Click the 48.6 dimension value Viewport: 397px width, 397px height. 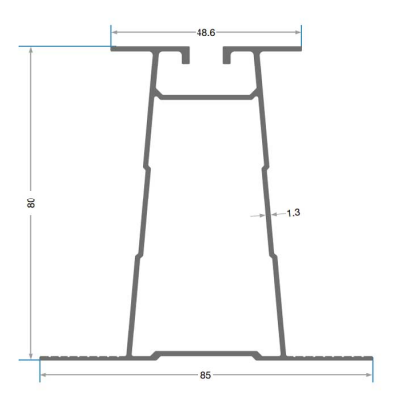[205, 33]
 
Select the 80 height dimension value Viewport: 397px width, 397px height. [31, 202]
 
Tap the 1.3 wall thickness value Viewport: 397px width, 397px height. [293, 213]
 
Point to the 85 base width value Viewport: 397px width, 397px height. [205, 375]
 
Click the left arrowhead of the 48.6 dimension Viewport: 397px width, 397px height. [115, 32]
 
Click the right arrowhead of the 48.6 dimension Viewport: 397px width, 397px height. [297, 32]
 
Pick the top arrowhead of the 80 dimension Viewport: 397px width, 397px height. [31, 50]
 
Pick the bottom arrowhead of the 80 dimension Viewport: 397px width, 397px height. [31, 355]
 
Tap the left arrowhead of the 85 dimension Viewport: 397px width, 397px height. [44, 375]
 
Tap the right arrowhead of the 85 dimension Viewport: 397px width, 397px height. [368, 375]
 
